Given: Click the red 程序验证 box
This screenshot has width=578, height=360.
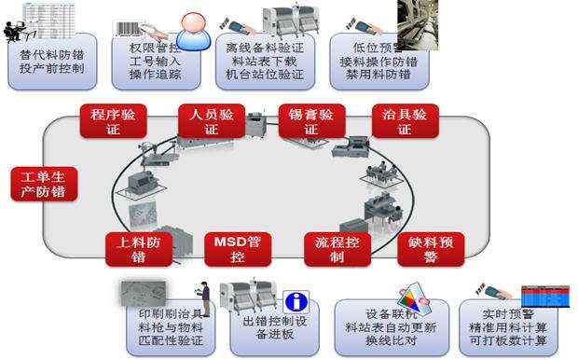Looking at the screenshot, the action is [113, 121].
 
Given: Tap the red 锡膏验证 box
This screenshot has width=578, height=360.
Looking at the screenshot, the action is [311, 121].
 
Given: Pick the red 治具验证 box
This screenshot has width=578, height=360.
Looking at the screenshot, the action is [405, 121].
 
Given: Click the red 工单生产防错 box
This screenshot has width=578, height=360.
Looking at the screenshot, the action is [44, 184].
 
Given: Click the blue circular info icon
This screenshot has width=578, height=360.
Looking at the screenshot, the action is [296, 302].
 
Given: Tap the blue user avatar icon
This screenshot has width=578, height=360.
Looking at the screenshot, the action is [193, 33].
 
